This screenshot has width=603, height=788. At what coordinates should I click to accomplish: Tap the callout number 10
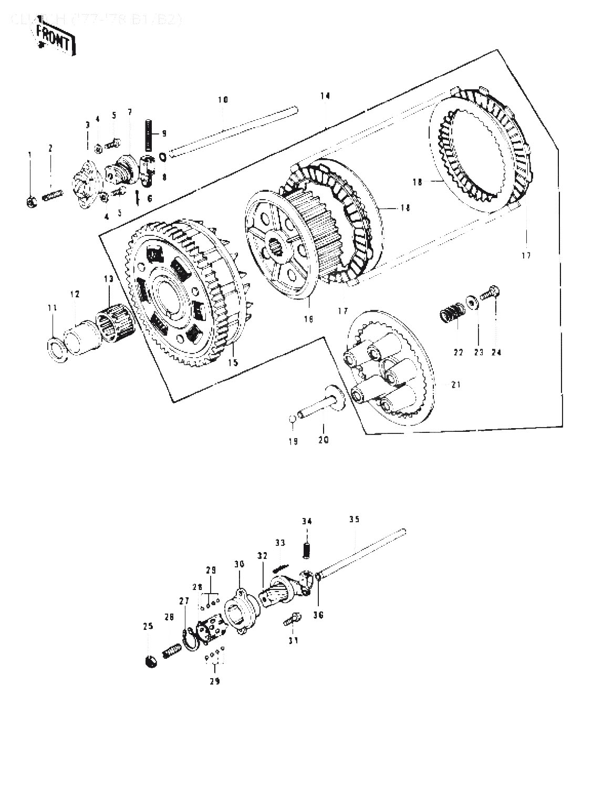[x=223, y=99]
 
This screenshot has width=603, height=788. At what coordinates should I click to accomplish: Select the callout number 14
[x=325, y=96]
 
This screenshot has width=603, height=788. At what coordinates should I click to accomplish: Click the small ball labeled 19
[x=293, y=418]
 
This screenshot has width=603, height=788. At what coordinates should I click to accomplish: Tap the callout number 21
[x=455, y=385]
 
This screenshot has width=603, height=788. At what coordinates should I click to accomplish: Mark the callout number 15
[x=232, y=362]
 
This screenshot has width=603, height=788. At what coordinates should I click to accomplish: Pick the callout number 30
[x=240, y=564]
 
